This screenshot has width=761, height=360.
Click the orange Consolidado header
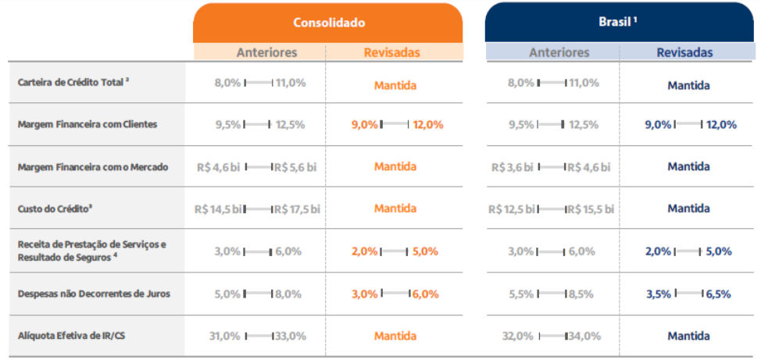[x=328, y=23]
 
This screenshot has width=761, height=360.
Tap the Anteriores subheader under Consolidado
[x=266, y=52]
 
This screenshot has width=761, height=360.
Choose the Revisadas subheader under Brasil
[x=684, y=52]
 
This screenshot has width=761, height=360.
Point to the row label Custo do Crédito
[x=51, y=209]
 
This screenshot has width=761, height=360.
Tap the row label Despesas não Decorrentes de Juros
[x=93, y=294]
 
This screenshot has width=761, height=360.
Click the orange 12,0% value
[x=427, y=124]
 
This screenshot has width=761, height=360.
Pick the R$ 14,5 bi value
[x=219, y=209]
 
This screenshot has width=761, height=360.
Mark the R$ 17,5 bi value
[x=297, y=209]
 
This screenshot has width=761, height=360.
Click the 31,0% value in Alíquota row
[x=225, y=336]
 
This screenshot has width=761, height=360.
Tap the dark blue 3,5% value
[x=659, y=294]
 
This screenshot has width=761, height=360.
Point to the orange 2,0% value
[x=364, y=251]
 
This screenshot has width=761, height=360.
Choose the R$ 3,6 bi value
[x=513, y=167]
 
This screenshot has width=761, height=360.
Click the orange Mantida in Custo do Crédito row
[x=395, y=209]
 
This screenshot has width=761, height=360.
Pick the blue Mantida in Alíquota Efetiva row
[x=688, y=336]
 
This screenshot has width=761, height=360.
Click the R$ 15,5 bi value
[x=590, y=209]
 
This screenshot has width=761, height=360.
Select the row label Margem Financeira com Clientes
[x=87, y=124]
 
